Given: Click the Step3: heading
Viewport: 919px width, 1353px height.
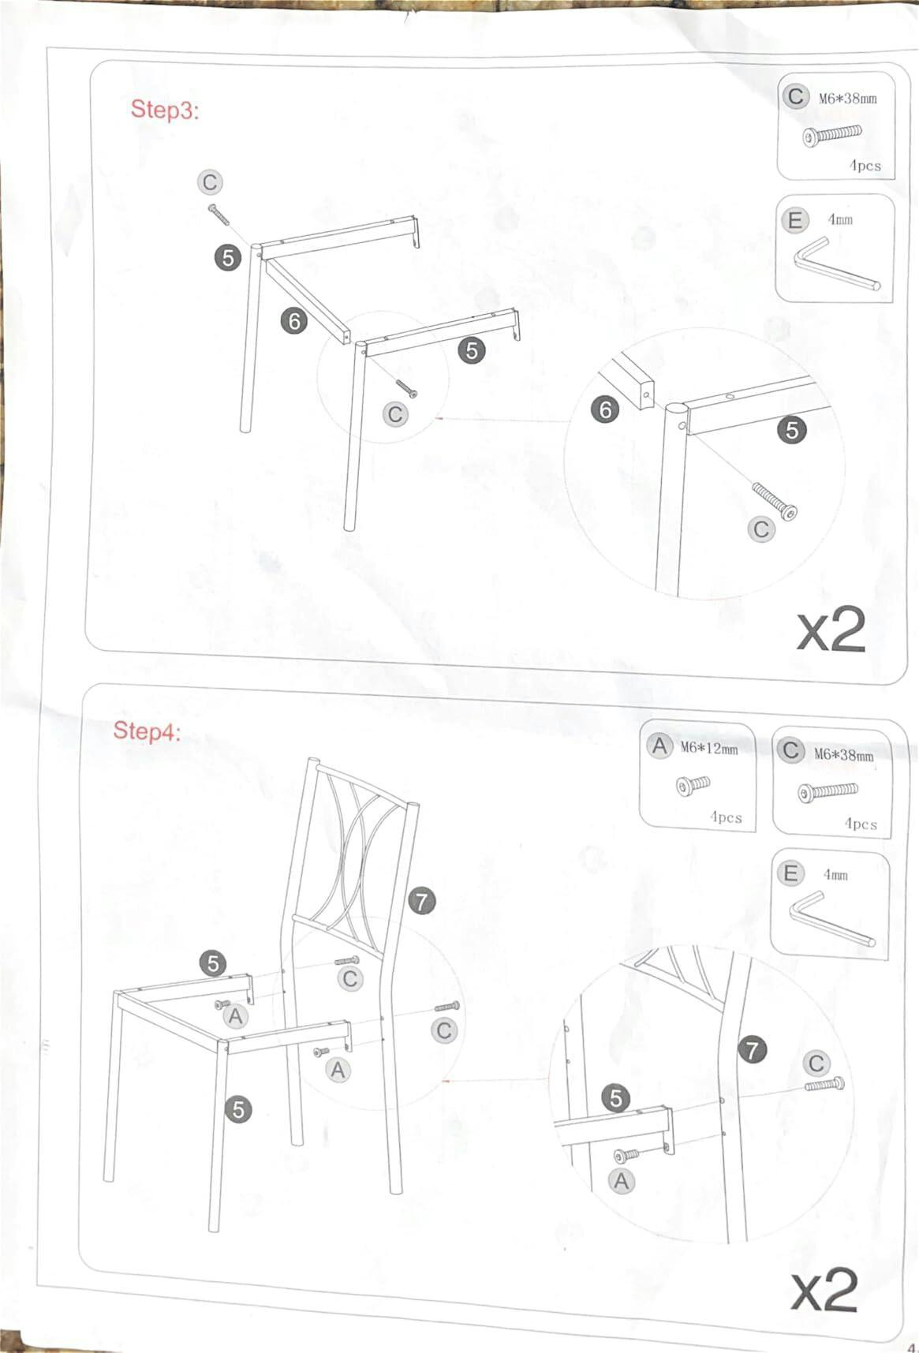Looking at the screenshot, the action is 165,110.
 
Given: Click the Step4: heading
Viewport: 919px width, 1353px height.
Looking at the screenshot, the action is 147,731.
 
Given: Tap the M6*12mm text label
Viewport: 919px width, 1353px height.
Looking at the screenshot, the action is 709,748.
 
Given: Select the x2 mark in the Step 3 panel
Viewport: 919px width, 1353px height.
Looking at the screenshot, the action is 831,630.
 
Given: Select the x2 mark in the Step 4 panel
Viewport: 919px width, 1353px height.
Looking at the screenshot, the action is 824,1291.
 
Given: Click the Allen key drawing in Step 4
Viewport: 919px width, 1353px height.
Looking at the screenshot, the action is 831,918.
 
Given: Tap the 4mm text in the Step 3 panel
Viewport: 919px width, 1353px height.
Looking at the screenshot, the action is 840,219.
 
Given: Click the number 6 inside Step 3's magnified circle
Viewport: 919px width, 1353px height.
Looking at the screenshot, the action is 605,409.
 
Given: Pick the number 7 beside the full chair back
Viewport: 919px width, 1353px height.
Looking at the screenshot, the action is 422,900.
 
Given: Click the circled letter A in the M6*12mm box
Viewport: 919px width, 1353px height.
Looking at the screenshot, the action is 659,746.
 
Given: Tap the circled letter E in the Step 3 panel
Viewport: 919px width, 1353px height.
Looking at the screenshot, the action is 794,220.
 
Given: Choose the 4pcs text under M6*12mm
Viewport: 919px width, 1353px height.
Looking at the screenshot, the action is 725,817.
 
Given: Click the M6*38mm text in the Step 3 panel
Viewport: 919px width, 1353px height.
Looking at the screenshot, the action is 847,99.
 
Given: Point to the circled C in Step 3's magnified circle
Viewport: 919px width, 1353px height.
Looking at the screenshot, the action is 761,529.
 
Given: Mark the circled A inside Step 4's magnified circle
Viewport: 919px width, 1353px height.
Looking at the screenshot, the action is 622,1181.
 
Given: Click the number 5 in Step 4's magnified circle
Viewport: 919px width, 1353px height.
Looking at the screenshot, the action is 616,1098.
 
